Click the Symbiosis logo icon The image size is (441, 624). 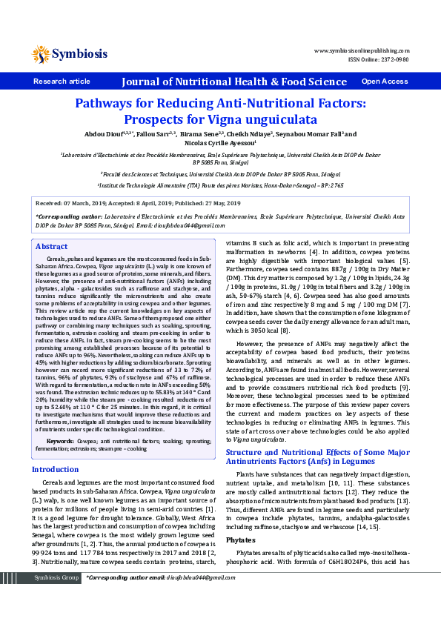coord(40,53)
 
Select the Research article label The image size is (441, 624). coord(62,82)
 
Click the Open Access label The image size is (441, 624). coord(385,82)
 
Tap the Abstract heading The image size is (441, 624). coord(52,246)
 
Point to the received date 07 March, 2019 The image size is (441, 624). coord(88,202)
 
